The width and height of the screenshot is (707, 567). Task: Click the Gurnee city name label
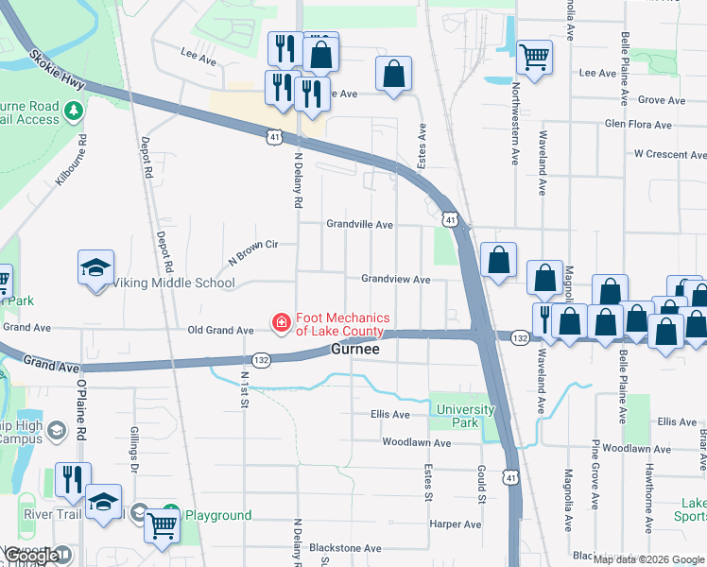tap(355, 350)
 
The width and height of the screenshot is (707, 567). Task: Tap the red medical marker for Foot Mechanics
tap(281, 324)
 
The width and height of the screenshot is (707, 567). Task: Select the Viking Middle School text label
tap(174, 283)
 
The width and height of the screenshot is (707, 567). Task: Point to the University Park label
tap(465, 416)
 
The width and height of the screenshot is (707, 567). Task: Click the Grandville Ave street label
tap(359, 225)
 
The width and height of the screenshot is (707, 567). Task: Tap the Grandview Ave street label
tap(395, 280)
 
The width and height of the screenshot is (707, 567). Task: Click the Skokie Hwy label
tap(57, 71)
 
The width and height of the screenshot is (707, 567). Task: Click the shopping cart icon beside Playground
tap(163, 524)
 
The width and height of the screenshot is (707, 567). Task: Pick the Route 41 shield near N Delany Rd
tap(273, 137)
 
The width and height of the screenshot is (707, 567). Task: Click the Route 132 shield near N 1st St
tap(261, 358)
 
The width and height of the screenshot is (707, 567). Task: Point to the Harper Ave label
tap(455, 524)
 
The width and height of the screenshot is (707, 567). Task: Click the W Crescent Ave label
tap(669, 153)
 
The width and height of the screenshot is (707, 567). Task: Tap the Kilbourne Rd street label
tap(72, 160)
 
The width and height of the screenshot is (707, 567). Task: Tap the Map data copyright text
tap(648, 559)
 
